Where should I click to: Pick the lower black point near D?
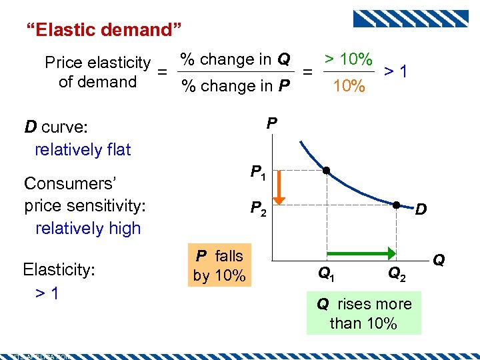coord(395,205)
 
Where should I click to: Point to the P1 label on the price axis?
coord(258,173)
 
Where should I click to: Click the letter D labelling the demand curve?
coord(421,211)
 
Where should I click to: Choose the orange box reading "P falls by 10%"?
coord(219,266)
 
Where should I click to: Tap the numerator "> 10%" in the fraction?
coord(347,59)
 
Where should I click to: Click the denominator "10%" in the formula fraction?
coord(349,86)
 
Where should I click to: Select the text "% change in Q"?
coord(235,59)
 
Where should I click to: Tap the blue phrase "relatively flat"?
coord(83,149)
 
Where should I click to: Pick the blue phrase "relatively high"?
coord(88,228)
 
